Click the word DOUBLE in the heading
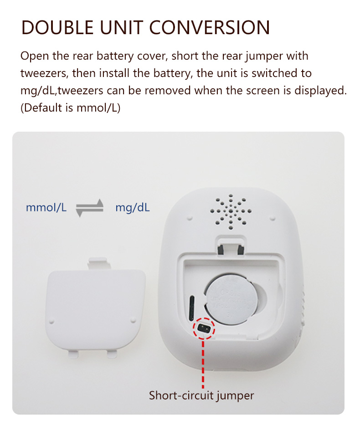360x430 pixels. click(57, 27)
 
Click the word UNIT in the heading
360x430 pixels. click(121, 27)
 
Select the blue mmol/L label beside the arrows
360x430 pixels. click(46, 208)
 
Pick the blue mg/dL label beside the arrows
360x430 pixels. click(133, 208)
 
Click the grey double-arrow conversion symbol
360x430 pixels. click(90, 208)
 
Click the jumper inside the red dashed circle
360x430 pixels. click(204, 328)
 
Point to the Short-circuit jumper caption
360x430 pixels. click(201, 395)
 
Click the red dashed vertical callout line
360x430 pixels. click(203, 363)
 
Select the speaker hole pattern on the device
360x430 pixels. click(231, 212)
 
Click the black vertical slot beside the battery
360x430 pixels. click(191, 308)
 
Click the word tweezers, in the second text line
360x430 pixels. click(44, 73)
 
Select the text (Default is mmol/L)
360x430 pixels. click(71, 108)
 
